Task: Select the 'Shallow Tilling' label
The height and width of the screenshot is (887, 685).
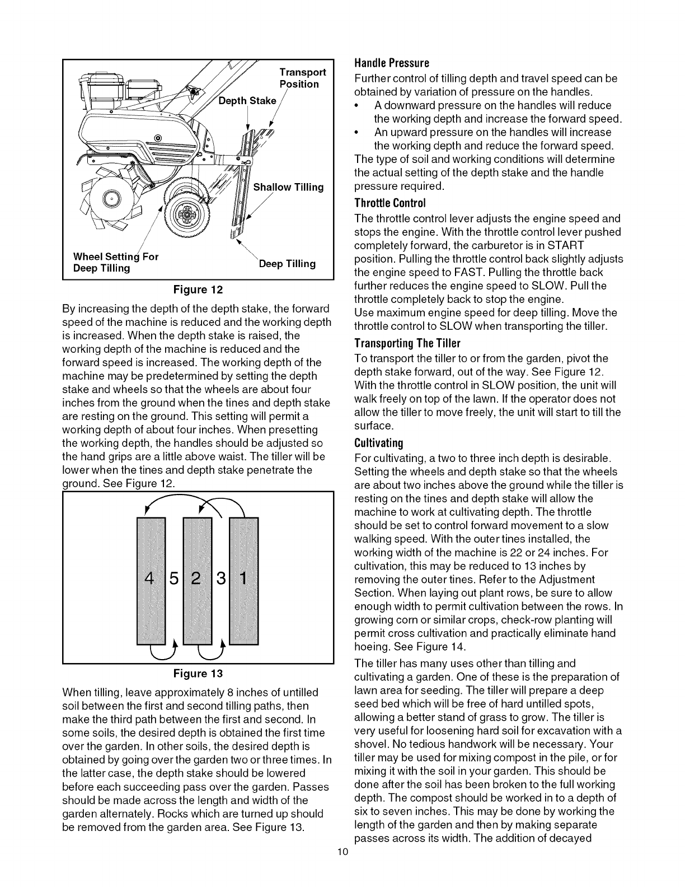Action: coord(289,187)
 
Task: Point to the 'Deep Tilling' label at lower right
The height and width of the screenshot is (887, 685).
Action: coord(287,264)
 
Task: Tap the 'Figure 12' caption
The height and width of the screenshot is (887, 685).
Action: coord(198,290)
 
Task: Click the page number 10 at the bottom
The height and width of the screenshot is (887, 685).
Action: coord(342,853)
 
